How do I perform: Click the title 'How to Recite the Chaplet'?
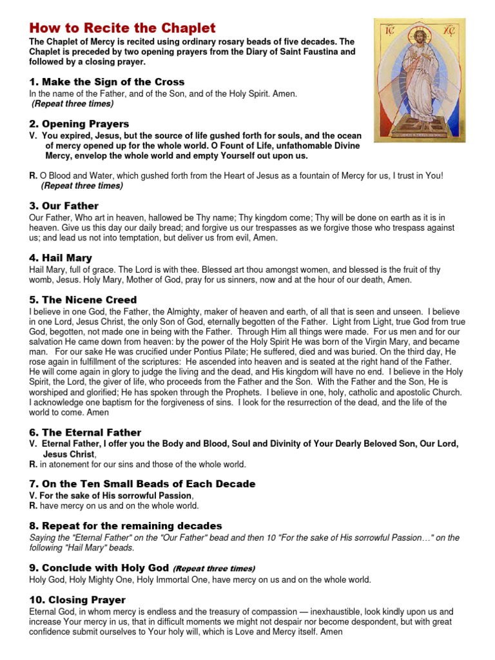point(122,28)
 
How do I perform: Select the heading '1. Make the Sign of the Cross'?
point(107,82)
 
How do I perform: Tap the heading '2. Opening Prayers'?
point(79,124)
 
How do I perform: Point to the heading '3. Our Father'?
point(64,206)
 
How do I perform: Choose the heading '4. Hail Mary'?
point(61,258)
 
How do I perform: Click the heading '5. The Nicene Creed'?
point(83,300)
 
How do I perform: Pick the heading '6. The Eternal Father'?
point(85,432)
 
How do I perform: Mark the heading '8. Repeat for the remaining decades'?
point(126,526)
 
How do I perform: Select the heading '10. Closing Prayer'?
point(77,600)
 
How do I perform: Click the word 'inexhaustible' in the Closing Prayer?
point(336,611)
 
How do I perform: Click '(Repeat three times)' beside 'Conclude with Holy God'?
point(214,568)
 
